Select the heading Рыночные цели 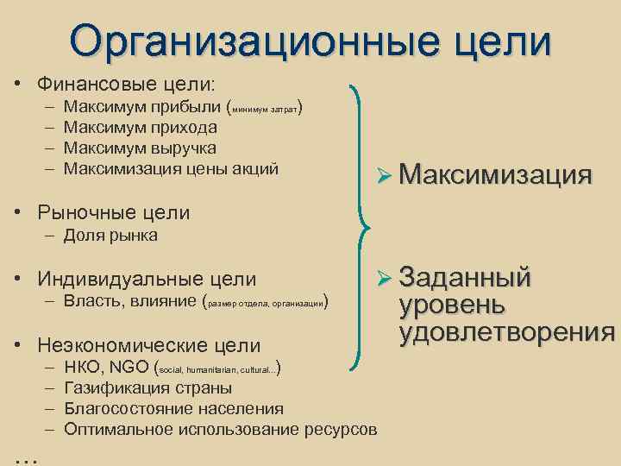(113, 212)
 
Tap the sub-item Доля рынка (110, 235)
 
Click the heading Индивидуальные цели (146, 279)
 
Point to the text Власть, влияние (129, 301)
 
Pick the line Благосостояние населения (173, 408)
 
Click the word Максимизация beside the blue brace (495, 175)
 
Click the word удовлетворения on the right (507, 332)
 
